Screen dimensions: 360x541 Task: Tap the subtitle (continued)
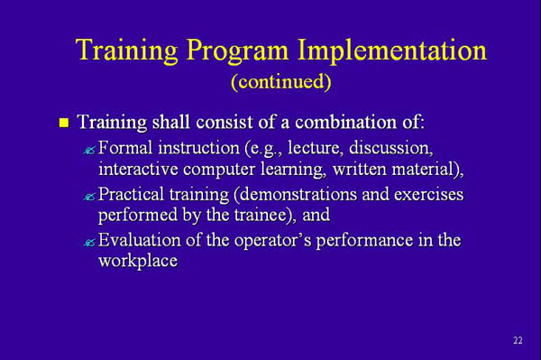click(x=280, y=82)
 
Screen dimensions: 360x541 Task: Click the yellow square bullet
click(x=62, y=121)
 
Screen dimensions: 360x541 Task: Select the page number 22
click(x=517, y=340)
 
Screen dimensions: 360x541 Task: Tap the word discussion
click(x=392, y=147)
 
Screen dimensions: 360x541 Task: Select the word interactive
click(x=138, y=169)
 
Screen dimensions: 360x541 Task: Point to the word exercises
click(x=424, y=194)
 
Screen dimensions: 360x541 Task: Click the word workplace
click(x=137, y=263)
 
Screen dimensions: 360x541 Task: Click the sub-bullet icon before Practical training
click(x=88, y=196)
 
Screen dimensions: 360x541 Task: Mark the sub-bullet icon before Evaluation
click(x=88, y=243)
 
